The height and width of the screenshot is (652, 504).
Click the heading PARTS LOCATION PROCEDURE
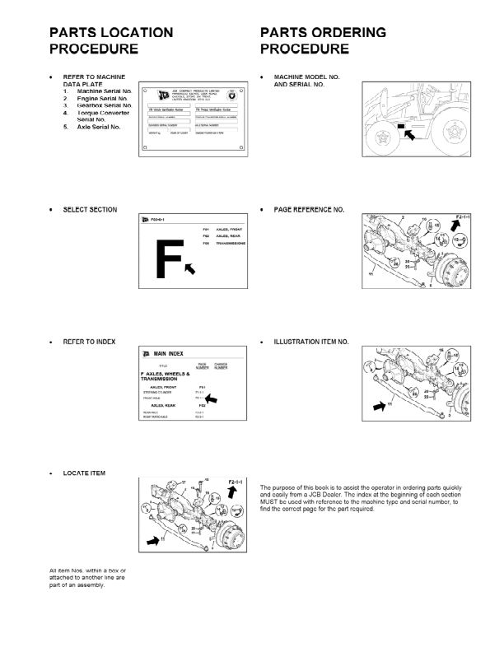(111, 40)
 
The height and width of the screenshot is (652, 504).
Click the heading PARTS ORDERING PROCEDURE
(323, 40)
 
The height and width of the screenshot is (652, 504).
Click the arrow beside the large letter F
(190, 267)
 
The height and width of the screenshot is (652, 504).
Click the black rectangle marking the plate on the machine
(401, 126)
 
